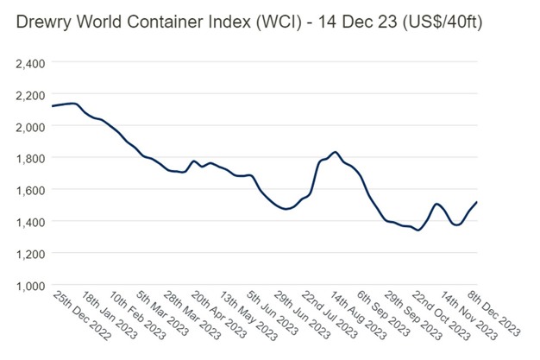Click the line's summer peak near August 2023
point(335,153)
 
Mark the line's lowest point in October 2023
point(418,231)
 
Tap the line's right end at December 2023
point(477,202)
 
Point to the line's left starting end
point(53,106)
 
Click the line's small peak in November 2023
point(437,204)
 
